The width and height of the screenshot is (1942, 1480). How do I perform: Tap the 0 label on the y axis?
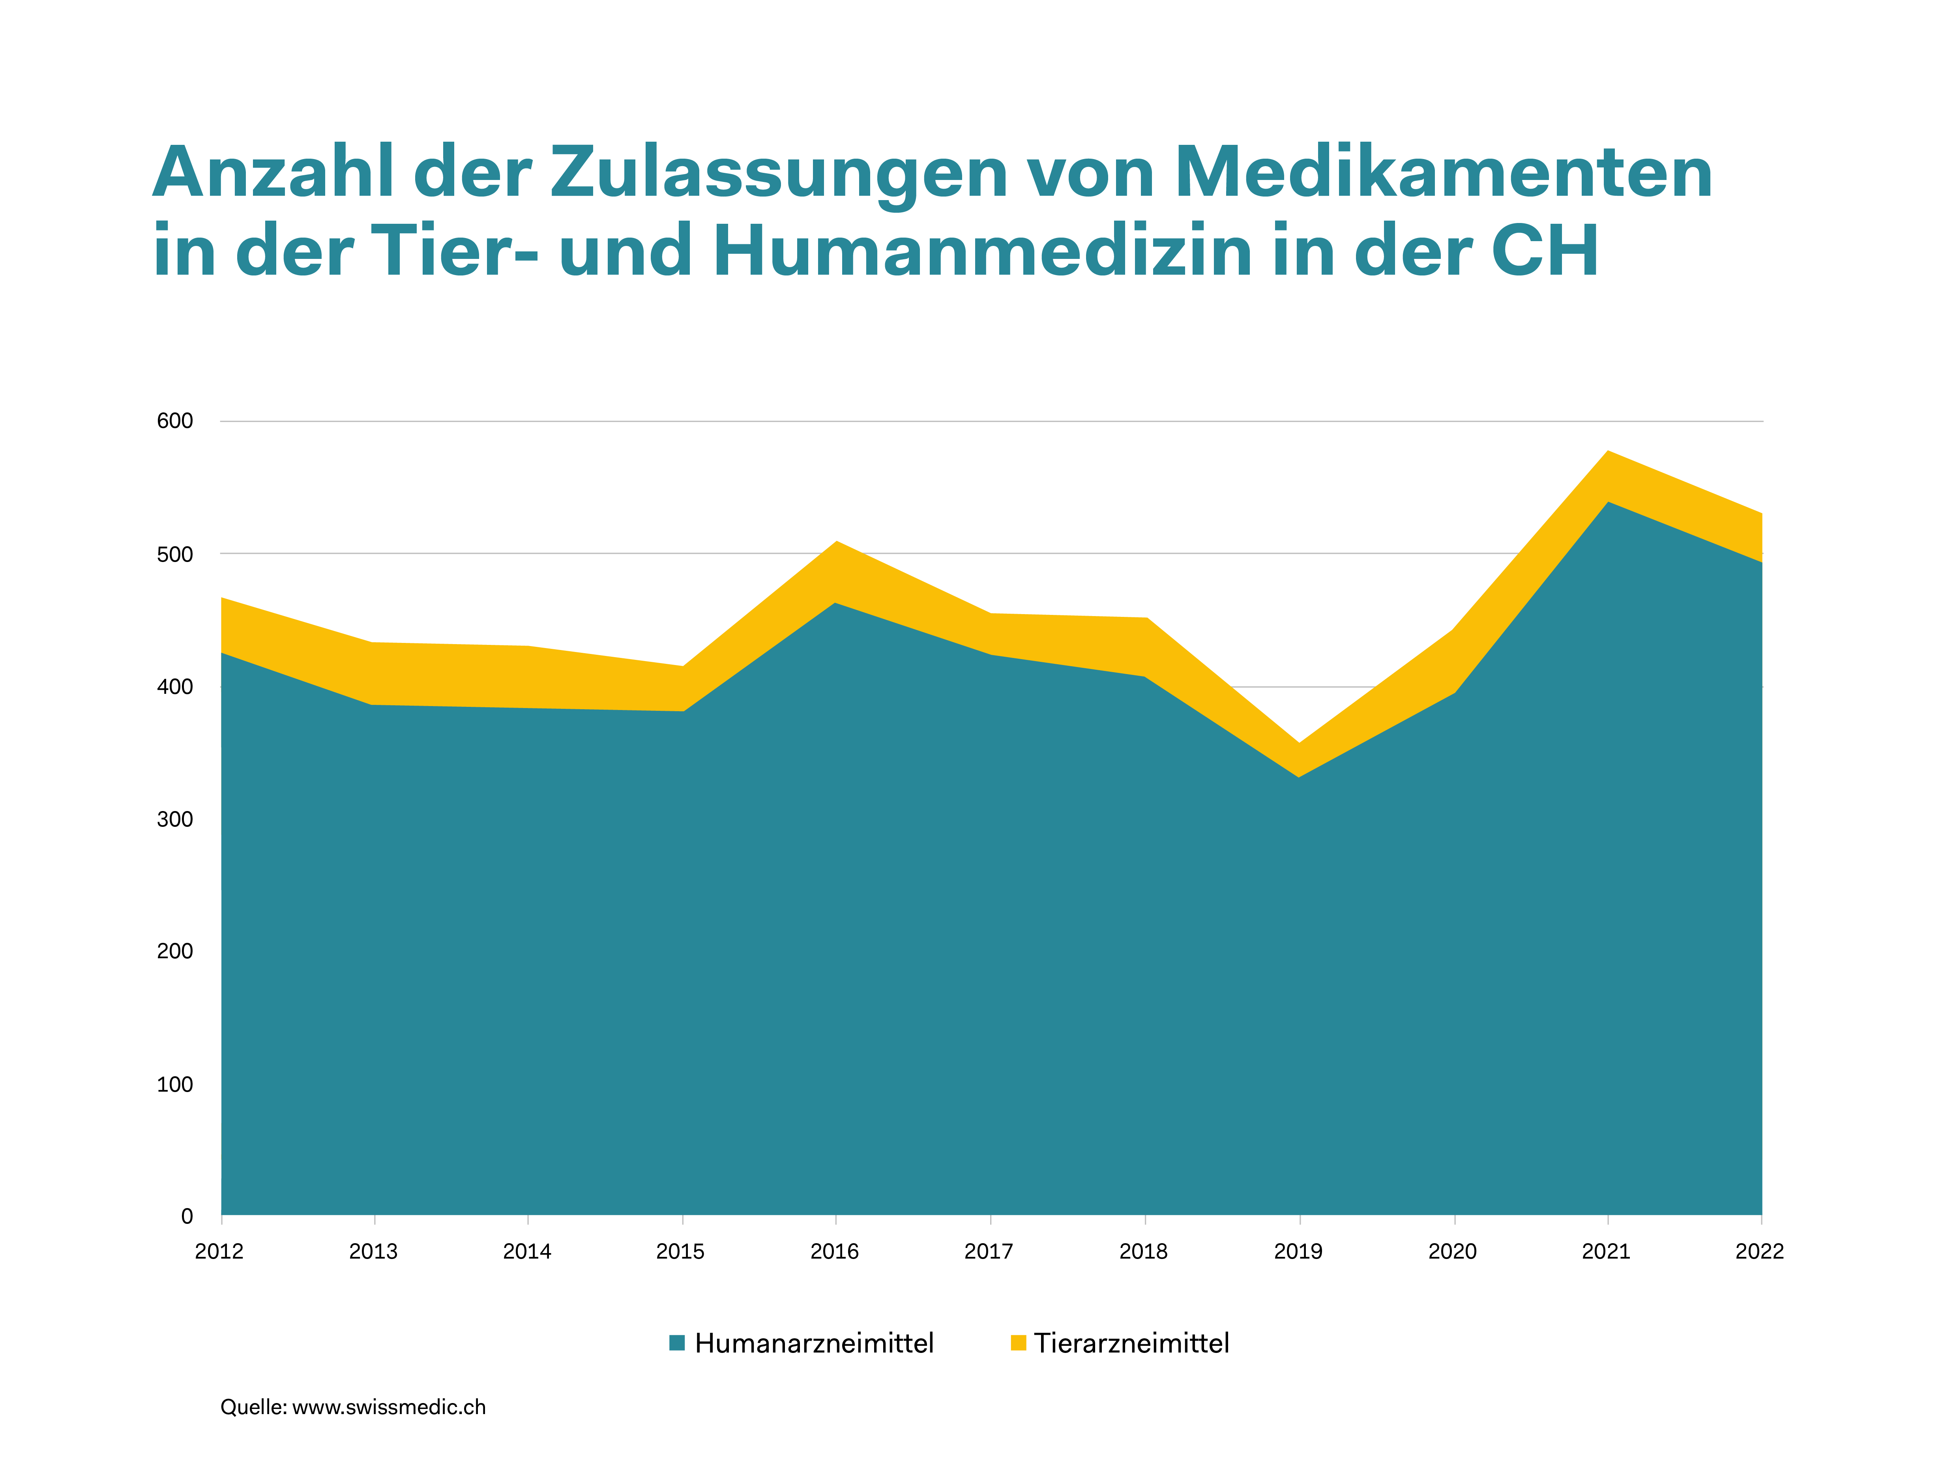187,1217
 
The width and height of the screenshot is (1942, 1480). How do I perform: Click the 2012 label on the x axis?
219,1251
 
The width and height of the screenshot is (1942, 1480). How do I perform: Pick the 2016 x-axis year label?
834,1251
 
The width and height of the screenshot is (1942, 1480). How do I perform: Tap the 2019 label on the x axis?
1298,1251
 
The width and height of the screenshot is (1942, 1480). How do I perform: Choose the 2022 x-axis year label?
1759,1251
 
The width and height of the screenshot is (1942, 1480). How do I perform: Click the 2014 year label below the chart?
527,1251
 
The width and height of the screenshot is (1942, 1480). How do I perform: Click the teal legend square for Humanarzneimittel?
676,1343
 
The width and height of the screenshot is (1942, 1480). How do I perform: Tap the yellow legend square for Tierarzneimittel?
1018,1343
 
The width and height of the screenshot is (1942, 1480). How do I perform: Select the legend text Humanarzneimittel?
814,1343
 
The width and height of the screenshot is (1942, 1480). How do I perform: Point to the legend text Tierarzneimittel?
1131,1343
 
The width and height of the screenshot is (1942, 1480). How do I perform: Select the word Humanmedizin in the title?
982,251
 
